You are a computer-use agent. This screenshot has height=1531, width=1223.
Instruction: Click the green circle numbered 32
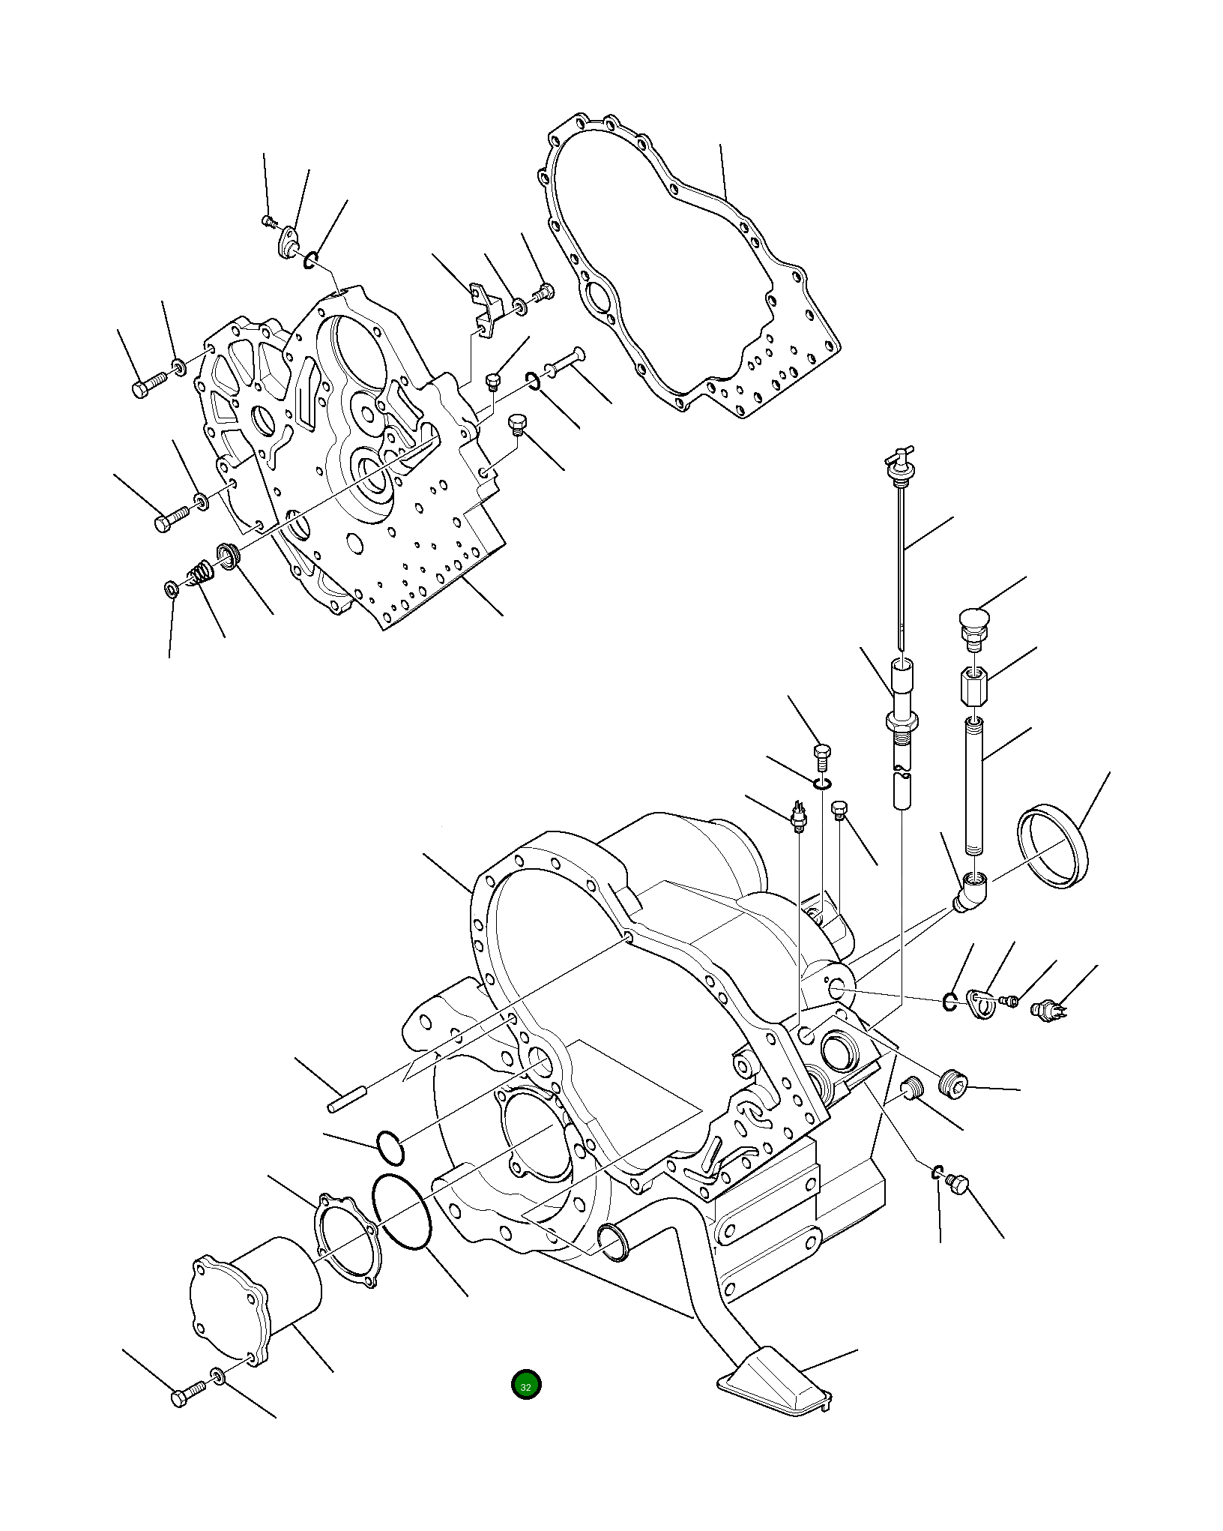pyautogui.click(x=526, y=1385)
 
